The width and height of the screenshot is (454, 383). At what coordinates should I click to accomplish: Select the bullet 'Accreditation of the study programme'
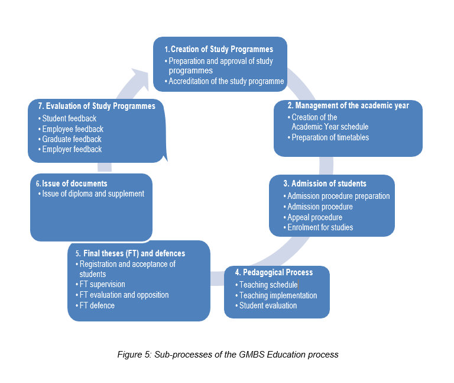tap(226, 81)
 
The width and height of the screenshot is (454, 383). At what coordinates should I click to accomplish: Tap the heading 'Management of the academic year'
tap(348, 105)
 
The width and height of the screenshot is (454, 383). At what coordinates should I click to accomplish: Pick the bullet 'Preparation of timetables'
tap(330, 137)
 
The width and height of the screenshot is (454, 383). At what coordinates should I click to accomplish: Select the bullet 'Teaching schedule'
tap(268, 285)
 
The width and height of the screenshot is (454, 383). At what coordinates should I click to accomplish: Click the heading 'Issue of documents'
tap(74, 184)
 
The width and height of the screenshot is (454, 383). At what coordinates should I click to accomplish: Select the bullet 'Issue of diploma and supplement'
tap(93, 194)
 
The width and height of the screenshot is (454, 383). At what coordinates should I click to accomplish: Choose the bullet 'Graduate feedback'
tap(72, 139)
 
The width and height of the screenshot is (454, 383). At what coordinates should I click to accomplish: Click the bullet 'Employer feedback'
tap(72, 149)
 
